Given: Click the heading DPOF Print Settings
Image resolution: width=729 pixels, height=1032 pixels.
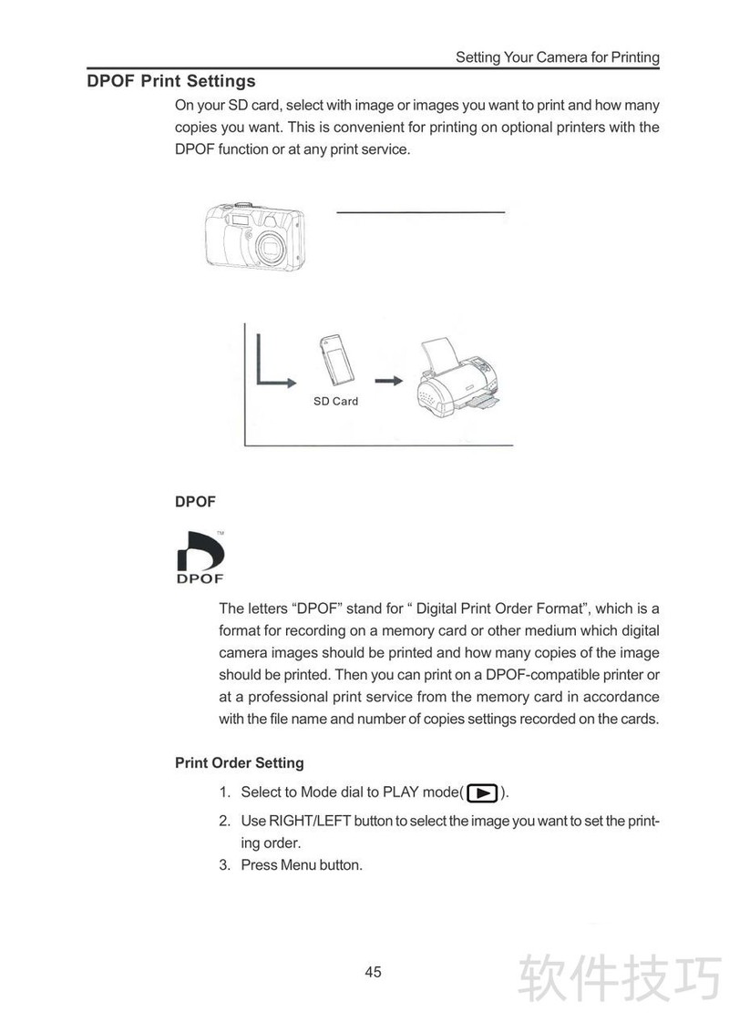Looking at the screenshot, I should (x=171, y=81).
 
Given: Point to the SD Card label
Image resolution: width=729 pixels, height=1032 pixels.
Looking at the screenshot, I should (x=335, y=401).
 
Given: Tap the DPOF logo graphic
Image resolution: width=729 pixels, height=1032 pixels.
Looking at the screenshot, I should (x=200, y=557).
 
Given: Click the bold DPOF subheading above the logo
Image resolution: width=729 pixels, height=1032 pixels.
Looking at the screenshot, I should (x=194, y=502).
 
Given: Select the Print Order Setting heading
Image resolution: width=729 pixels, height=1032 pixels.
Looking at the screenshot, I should (x=239, y=762).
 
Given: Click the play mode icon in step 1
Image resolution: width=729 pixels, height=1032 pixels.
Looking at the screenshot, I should (x=483, y=792).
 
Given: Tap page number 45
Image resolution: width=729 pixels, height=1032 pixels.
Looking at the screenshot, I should (x=373, y=972).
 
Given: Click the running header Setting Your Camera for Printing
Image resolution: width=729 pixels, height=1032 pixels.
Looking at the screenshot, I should (x=557, y=57).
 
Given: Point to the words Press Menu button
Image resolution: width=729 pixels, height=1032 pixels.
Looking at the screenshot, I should (x=302, y=864).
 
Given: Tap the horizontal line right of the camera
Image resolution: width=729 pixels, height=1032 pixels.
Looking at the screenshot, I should (x=420, y=212).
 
